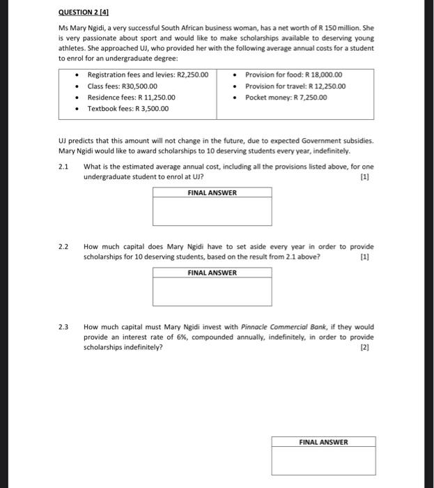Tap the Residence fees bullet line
tap(131, 98)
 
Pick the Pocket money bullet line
tap(286, 98)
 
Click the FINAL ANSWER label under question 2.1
tap(212, 193)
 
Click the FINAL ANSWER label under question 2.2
tap(212, 273)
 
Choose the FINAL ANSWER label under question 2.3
tap(323, 442)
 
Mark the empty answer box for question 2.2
tap(212, 292)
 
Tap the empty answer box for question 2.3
tap(323, 462)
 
